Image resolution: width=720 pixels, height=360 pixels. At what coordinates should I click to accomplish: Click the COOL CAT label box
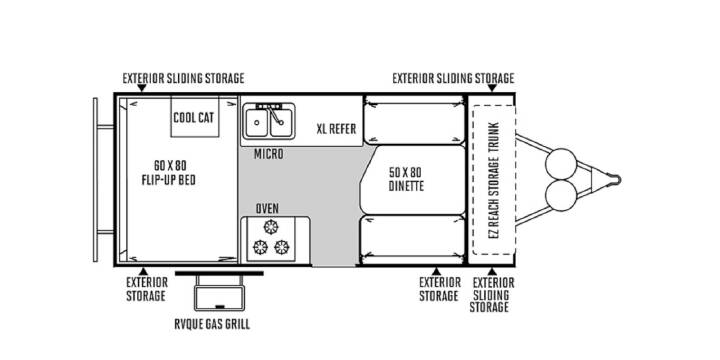pos(195,117)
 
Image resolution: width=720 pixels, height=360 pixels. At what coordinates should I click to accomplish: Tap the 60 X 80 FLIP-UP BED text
pos(169,172)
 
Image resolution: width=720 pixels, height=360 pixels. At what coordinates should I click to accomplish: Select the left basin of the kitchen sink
pos(257,123)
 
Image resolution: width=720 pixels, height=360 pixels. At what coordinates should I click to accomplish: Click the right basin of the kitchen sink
pos(281,123)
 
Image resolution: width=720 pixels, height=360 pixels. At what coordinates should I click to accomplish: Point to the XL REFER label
pos(336,129)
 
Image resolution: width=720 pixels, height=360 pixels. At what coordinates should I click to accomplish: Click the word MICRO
pos(269,154)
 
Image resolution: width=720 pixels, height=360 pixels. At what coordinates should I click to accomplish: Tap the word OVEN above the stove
pos(267,208)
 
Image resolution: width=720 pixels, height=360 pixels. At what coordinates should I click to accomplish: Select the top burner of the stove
pos(271,227)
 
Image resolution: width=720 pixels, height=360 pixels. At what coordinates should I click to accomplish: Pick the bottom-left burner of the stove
pos(260,247)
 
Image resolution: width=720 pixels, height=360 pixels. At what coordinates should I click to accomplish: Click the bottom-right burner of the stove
pos(281,247)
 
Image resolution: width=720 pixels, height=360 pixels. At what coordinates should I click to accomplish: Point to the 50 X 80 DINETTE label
pos(406,179)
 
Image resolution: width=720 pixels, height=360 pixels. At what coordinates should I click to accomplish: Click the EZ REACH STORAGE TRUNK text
pos(494,180)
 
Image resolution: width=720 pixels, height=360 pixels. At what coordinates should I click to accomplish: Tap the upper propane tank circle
pos(561,164)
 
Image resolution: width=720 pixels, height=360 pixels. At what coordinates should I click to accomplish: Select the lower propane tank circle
pos(561,195)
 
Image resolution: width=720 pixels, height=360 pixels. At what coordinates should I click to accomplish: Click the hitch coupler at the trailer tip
pos(614,180)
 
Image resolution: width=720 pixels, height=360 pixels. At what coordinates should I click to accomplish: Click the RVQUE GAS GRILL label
pos(212,324)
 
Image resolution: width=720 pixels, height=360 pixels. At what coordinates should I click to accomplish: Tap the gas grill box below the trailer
pos(219,298)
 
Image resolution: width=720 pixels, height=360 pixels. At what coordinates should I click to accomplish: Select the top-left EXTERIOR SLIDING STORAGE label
pos(183,79)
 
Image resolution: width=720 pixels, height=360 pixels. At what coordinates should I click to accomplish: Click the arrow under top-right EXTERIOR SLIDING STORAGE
pos(492,88)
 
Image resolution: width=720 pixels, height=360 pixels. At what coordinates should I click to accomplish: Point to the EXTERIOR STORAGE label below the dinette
pos(439,289)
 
